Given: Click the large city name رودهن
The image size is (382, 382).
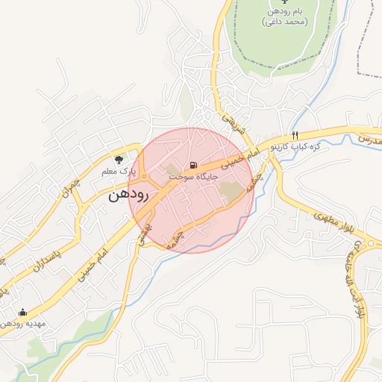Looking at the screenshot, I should pos(129,196).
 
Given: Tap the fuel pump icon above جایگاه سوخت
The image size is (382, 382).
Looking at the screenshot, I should pos(194,164).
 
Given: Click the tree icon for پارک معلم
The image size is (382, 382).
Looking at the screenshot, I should pos(118,159).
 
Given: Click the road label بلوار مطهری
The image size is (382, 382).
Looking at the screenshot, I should pos(332,221).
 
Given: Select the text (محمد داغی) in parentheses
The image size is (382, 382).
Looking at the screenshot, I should pos(284,23).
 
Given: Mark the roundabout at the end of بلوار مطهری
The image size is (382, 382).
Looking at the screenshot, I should pos(370,243).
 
